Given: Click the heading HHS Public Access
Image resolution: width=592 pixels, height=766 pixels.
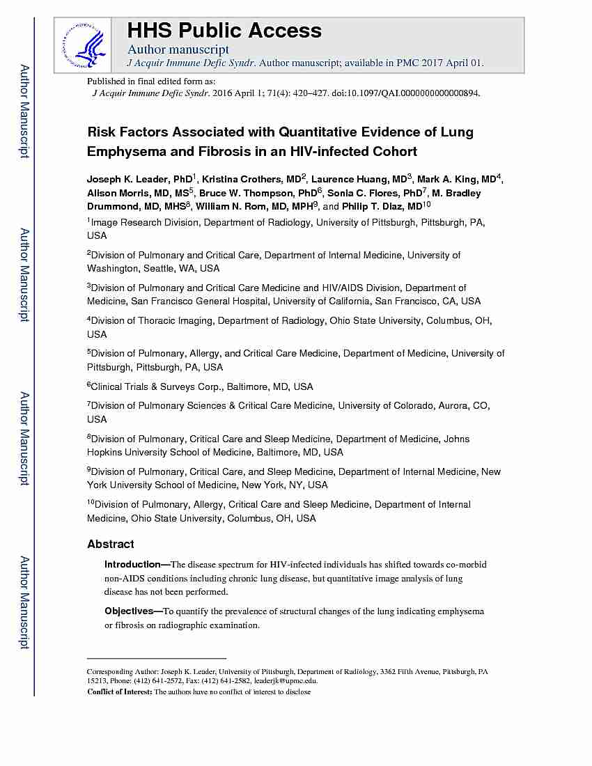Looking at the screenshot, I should point(224,31).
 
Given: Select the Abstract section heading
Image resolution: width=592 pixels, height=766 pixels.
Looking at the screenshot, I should point(111,544).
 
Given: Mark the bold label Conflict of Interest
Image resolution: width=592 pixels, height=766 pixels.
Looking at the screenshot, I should point(119,691).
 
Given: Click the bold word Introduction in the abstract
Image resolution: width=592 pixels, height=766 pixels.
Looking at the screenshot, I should point(132,564).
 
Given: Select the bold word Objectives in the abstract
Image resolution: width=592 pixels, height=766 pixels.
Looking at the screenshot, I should point(129,611).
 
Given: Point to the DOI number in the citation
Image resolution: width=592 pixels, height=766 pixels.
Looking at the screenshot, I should point(415,93).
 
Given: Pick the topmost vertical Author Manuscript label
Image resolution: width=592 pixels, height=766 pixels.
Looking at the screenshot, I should point(24,111).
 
